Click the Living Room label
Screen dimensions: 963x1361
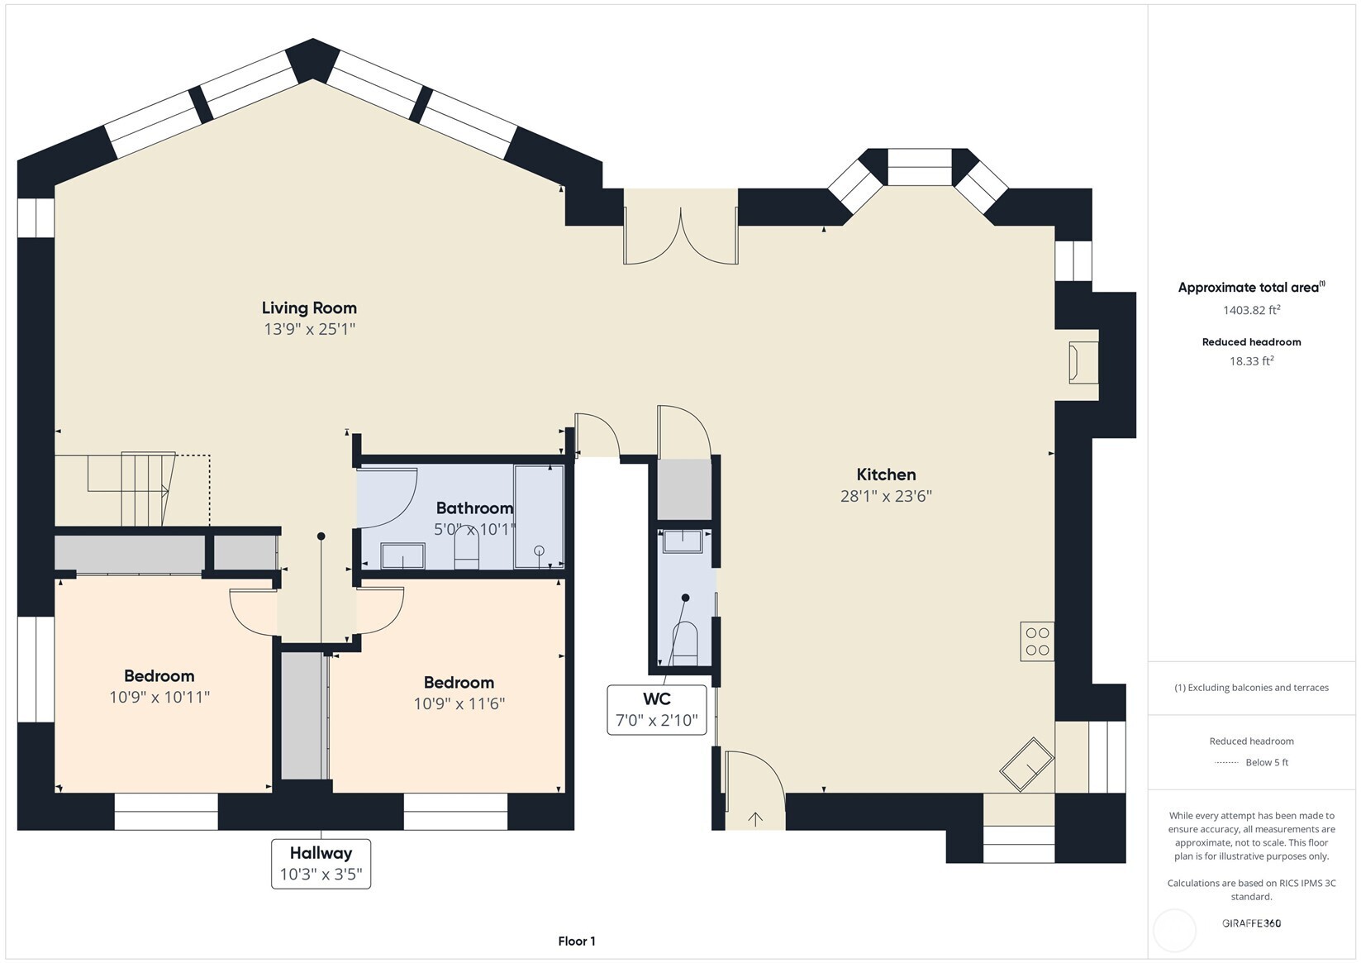309,308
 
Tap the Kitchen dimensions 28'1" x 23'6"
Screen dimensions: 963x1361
886,496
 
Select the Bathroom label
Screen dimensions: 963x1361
474,508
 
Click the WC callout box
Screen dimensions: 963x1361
657,709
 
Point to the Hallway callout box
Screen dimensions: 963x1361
321,864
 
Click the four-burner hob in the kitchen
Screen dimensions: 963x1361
1037,641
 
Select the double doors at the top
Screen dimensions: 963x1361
680,236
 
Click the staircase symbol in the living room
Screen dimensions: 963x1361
132,489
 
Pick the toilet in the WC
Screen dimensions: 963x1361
685,643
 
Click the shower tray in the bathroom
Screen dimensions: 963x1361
539,517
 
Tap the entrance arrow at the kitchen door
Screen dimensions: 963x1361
755,819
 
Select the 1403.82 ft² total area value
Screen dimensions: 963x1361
1251,310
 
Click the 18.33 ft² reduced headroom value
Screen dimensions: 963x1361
1251,360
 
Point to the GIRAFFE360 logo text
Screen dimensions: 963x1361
1251,923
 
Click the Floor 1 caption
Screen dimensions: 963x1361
576,941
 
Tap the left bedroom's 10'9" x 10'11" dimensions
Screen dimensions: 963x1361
159,697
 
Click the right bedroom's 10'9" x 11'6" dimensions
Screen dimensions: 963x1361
459,703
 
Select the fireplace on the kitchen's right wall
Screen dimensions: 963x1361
1083,362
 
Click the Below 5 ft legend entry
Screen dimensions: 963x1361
1266,762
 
